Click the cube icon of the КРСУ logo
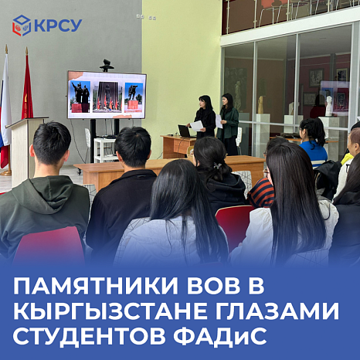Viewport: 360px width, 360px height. click(22, 25)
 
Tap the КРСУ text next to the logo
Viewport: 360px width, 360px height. click(57, 25)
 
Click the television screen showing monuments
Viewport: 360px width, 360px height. click(107, 94)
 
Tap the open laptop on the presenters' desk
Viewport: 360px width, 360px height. click(185, 131)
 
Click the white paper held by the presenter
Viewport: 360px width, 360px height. click(197, 125)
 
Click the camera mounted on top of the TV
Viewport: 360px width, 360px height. click(107, 66)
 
